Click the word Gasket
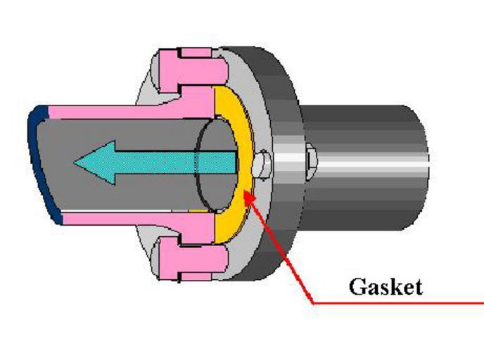[386, 286]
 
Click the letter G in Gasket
[356, 286]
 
